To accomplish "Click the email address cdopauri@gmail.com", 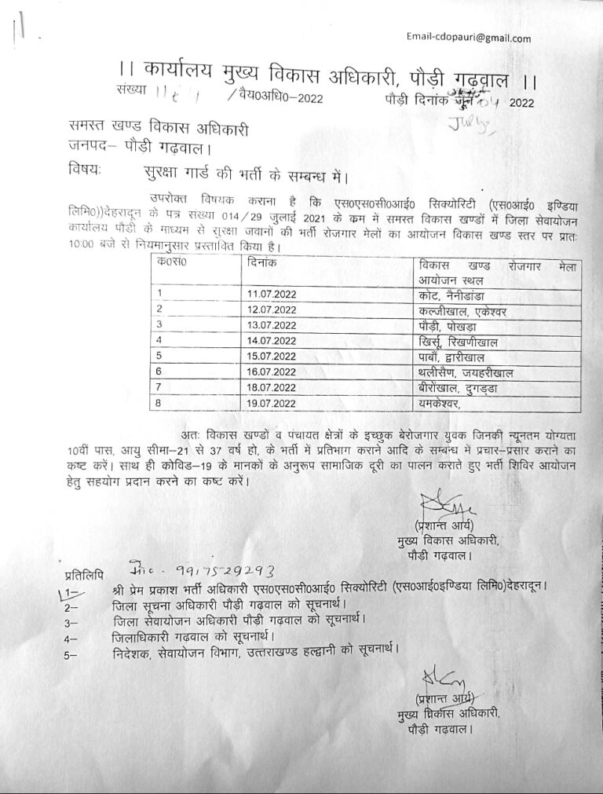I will point(469,38).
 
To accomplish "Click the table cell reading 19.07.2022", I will point(272,404).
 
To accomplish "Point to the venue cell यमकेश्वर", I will point(439,404).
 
